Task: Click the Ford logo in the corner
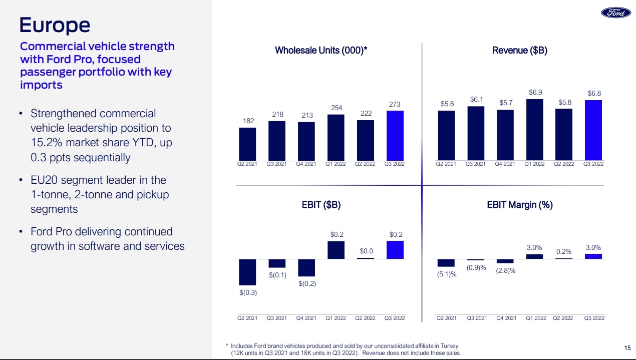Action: point(615,14)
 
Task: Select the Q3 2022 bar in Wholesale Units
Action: point(395,135)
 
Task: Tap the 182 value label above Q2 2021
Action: point(247,121)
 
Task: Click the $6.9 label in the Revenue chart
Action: point(535,93)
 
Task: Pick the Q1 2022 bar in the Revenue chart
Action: point(535,129)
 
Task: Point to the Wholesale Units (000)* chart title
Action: point(322,50)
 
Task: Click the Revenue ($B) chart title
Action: point(519,50)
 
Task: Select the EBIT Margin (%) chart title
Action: point(519,205)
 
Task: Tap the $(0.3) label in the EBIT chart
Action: point(247,293)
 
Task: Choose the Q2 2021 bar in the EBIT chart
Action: point(247,272)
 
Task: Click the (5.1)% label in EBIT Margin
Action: point(447,274)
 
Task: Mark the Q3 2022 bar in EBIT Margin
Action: point(594,256)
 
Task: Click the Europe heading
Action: point(55,25)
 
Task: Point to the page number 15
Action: point(627,347)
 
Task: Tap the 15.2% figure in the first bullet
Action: point(47,142)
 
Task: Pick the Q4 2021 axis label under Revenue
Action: point(506,164)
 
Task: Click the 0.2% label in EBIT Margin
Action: point(564,251)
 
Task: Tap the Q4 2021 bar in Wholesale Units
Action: point(306,141)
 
